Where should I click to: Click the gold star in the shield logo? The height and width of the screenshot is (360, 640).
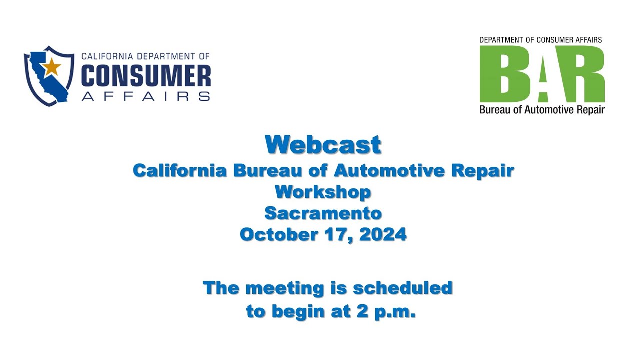click(51, 67)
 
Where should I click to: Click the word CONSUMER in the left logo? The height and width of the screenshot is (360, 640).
click(146, 77)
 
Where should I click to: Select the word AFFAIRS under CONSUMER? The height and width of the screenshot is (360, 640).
click(146, 96)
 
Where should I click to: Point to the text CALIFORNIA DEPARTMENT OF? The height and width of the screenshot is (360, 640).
click(145, 57)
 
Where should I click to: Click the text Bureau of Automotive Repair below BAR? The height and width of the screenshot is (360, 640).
click(542, 110)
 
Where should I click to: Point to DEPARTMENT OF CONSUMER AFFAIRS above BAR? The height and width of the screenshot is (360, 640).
click(540, 40)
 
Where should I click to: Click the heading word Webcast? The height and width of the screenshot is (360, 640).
click(323, 145)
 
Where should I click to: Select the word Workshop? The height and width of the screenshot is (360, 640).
click(323, 192)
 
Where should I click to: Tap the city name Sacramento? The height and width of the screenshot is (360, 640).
click(323, 213)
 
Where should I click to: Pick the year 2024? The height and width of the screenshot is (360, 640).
click(383, 234)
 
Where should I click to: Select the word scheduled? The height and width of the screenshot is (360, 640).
click(403, 288)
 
